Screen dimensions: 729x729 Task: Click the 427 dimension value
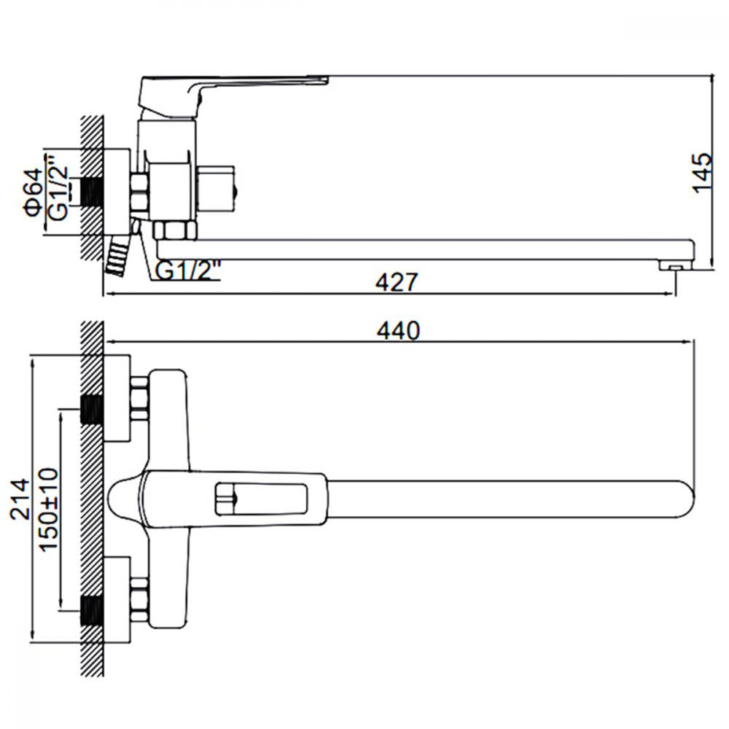click(x=397, y=282)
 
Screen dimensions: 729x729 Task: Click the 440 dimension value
click(x=399, y=331)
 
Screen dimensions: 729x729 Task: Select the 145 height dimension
click(x=702, y=172)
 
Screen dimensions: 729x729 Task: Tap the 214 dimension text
click(x=20, y=499)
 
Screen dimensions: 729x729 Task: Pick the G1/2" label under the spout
click(x=187, y=270)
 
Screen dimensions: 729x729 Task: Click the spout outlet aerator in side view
click(x=676, y=265)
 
